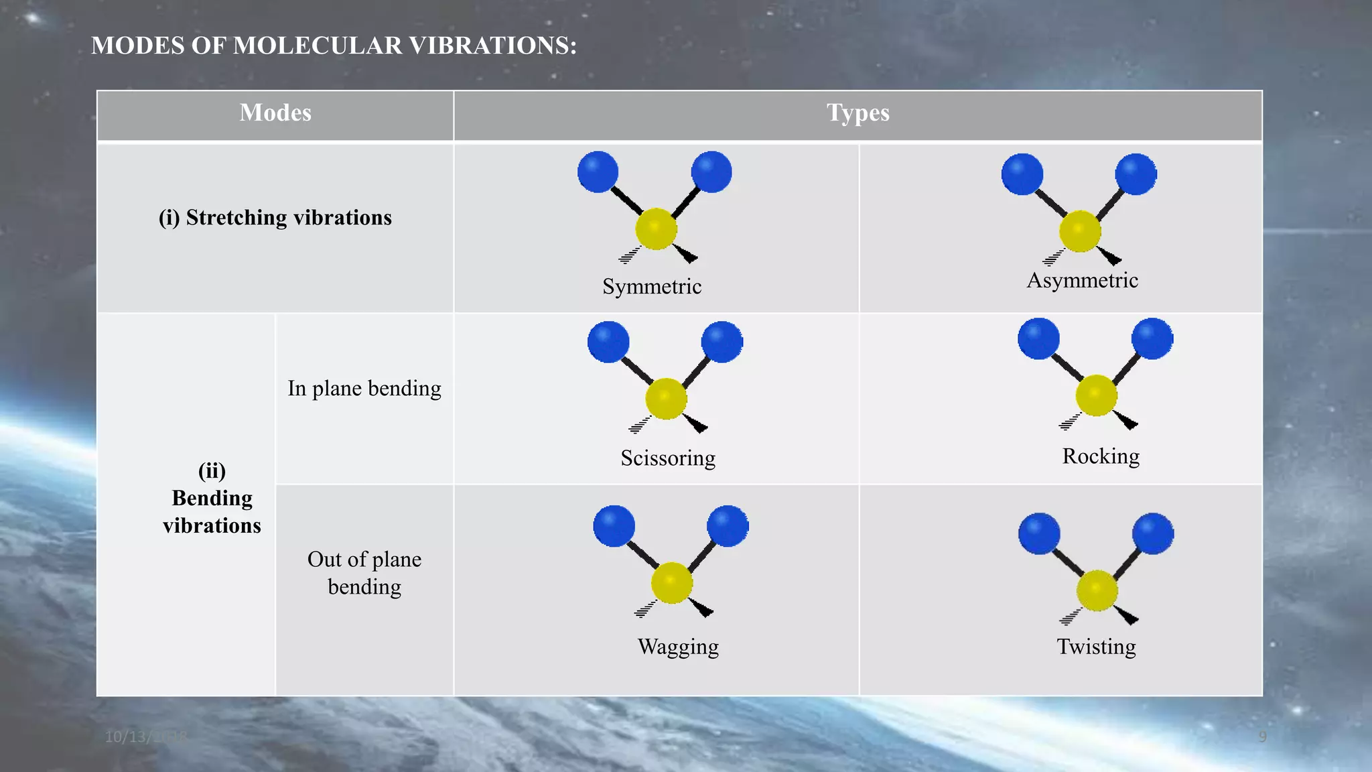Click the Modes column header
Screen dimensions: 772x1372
point(275,113)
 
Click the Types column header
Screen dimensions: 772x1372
point(857,113)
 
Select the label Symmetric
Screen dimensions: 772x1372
point(652,287)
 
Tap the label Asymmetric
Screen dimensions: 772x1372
point(1082,280)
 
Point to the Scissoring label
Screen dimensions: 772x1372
point(668,458)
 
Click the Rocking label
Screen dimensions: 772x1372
point(1101,456)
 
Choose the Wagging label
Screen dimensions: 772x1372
point(678,647)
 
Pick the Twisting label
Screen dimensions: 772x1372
point(1096,647)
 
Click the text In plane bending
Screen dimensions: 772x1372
point(364,389)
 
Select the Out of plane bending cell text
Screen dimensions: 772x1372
point(364,573)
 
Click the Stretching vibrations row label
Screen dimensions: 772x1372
point(275,218)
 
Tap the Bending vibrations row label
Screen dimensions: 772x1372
point(212,499)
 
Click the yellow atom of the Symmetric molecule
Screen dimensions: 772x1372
point(656,229)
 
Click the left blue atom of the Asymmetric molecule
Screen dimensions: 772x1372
point(1022,174)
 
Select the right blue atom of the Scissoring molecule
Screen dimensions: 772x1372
point(722,342)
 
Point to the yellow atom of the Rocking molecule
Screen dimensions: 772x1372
point(1096,395)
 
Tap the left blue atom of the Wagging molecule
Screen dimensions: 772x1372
point(614,526)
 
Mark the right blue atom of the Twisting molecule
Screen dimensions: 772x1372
point(1152,533)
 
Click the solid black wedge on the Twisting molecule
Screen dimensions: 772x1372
point(1127,615)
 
